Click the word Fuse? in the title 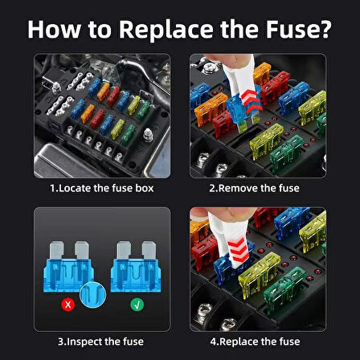[x=298, y=29]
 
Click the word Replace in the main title [x=166, y=30]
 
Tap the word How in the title [x=54, y=29]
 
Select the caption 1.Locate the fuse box [x=102, y=188]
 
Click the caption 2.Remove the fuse [x=254, y=188]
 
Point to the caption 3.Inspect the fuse [x=100, y=342]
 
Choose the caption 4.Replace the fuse [x=255, y=342]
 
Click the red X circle [x=68, y=305]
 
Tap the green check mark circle [x=137, y=305]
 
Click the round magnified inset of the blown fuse [x=93, y=295]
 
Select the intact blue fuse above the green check [x=136, y=267]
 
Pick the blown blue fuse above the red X [x=68, y=267]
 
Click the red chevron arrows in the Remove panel [x=252, y=102]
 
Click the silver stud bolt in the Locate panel [x=148, y=134]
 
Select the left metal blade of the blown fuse [x=57, y=251]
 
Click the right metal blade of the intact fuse [x=149, y=251]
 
